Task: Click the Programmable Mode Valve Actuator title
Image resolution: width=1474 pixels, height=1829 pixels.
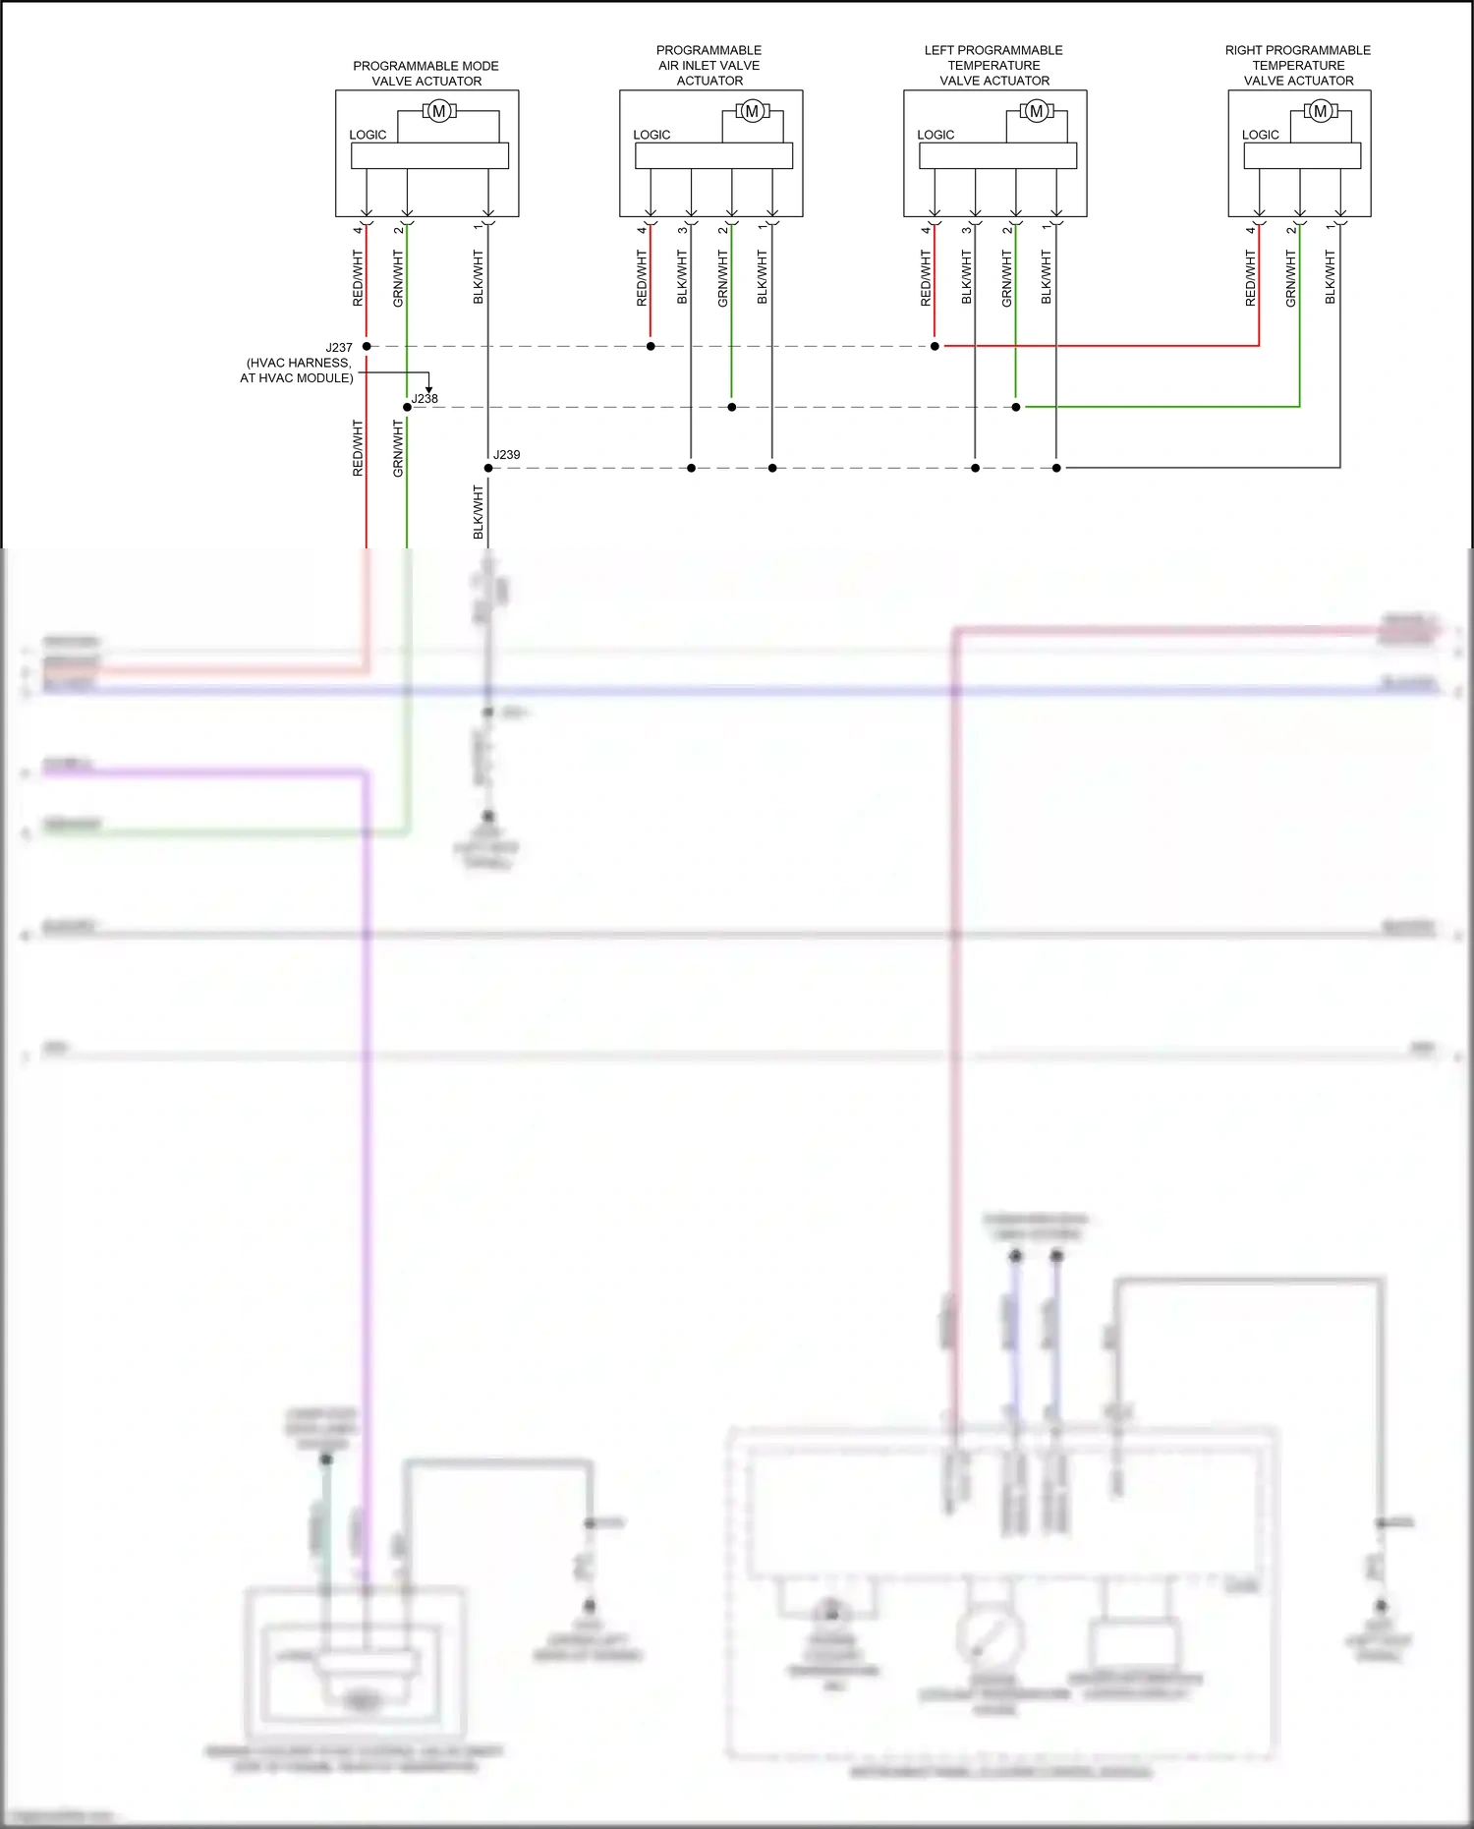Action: [x=425, y=74]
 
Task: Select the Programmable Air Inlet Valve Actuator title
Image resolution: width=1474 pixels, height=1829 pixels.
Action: [x=709, y=66]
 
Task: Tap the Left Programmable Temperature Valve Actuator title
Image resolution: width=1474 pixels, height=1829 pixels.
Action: [x=993, y=66]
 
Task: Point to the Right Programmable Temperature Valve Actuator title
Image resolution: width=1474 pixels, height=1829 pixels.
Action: [x=1297, y=66]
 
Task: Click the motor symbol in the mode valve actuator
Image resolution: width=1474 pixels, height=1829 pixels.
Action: [x=439, y=112]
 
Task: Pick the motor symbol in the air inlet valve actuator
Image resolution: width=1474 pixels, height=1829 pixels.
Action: [x=752, y=112]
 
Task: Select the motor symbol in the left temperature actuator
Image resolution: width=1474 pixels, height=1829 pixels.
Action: [x=1036, y=112]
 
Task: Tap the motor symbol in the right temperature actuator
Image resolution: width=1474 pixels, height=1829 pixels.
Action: [x=1320, y=112]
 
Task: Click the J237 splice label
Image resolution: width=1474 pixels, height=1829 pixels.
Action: [x=339, y=348]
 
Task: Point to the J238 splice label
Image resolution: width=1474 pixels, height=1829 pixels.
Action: [x=425, y=398]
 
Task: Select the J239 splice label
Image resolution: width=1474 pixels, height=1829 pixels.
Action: [x=506, y=455]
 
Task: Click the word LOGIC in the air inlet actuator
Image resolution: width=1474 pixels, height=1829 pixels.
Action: [x=652, y=135]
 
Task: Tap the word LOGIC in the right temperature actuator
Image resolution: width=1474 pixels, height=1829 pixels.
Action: [x=1260, y=135]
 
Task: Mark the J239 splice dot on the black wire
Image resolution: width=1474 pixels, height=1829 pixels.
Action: [x=488, y=468]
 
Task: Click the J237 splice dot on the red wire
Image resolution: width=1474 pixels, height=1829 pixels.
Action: [x=367, y=347]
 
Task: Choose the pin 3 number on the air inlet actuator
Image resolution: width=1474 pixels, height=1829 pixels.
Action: [x=682, y=230]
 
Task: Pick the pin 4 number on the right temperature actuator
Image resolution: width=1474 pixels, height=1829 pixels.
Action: [x=1251, y=230]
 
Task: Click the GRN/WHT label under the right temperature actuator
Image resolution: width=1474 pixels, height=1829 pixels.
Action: [x=1291, y=278]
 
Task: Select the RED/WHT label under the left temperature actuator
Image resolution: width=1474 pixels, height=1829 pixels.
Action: [x=926, y=278]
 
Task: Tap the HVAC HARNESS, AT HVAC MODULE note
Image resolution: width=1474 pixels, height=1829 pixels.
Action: [x=298, y=371]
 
